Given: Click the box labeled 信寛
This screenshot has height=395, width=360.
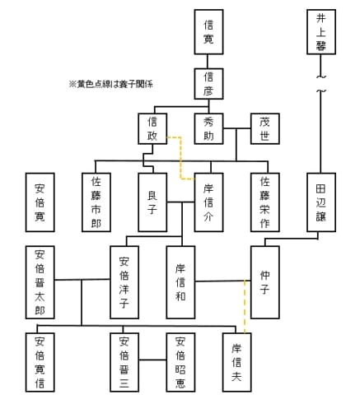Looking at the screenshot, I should pos(209,32).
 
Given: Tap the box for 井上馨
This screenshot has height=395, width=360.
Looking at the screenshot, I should pos(320,32).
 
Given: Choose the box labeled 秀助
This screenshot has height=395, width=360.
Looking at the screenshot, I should pos(209,128).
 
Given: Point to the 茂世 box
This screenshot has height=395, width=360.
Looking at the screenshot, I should pos(264,128).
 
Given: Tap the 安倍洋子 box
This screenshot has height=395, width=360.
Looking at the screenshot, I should pos(124,281).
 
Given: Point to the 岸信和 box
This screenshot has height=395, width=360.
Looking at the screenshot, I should pos(180,281).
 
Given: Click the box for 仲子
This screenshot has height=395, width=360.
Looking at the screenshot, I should pos(264,281).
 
